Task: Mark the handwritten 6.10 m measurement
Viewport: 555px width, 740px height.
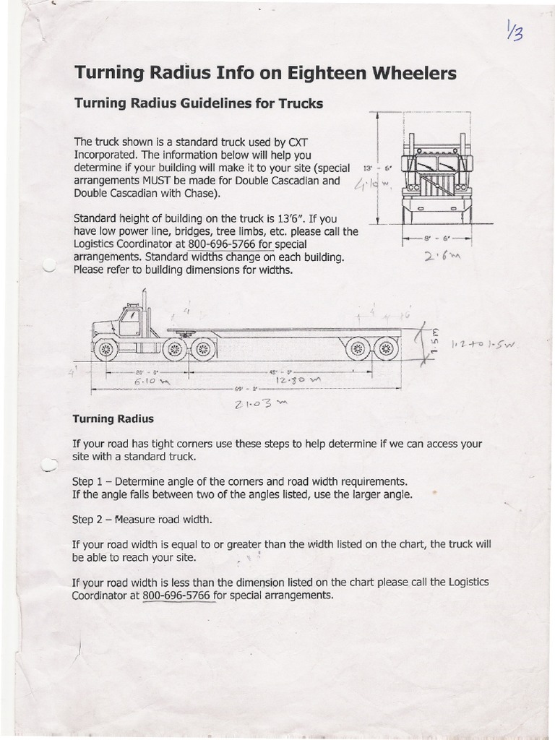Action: pyautogui.click(x=150, y=381)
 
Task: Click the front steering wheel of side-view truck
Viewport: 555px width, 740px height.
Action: pyautogui.click(x=106, y=349)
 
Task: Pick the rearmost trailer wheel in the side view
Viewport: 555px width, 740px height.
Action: pyautogui.click(x=387, y=349)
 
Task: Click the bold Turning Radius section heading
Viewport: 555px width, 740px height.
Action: pyautogui.click(x=113, y=419)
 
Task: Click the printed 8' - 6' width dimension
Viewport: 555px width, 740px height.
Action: pyautogui.click(x=436, y=237)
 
